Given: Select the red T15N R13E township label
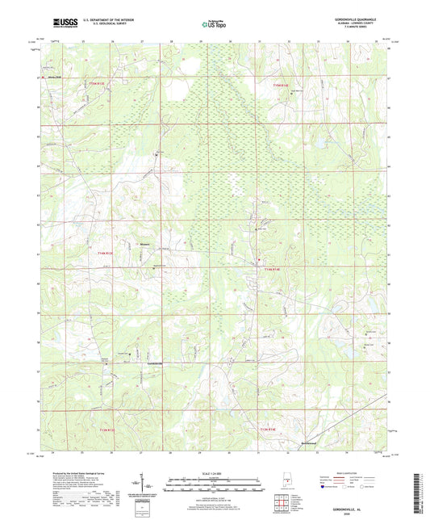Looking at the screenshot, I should [x=97, y=83].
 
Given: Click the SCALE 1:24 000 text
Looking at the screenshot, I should [x=214, y=473].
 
